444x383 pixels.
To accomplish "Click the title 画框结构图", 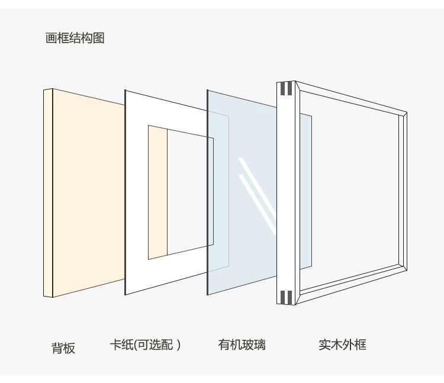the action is click(x=75, y=38).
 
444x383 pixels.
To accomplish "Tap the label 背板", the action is click(x=63, y=347).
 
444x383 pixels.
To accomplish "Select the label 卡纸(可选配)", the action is click(x=145, y=345).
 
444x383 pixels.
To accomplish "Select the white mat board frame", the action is click(x=136, y=195).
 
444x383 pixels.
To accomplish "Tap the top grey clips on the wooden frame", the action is click(x=287, y=89).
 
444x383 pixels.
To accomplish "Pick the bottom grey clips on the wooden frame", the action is click(x=287, y=296).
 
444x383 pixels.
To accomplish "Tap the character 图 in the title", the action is click(x=98, y=38).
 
